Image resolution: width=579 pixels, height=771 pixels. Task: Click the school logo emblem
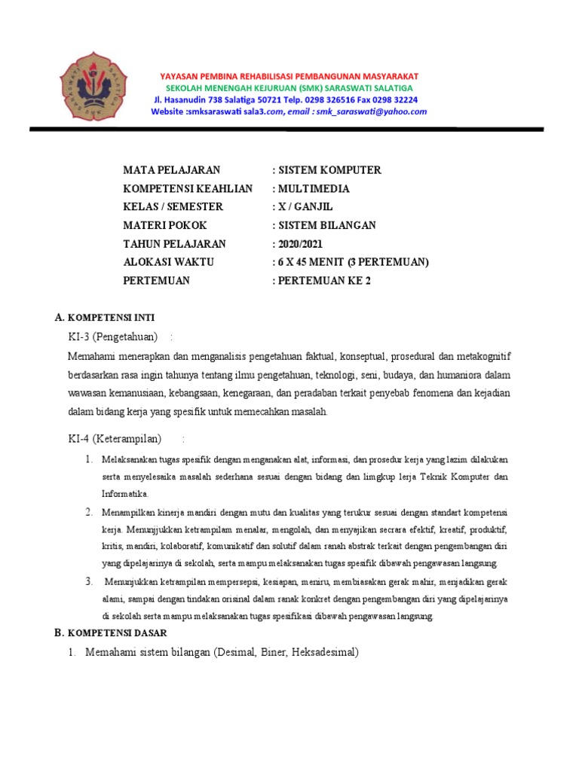coord(95,85)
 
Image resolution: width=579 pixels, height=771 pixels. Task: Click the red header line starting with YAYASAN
coord(289,77)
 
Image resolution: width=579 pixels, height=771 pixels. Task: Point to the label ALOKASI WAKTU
coord(169,262)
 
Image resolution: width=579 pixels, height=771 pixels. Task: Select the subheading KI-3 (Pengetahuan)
coord(112,336)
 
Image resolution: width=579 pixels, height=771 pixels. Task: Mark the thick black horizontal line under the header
coord(286,130)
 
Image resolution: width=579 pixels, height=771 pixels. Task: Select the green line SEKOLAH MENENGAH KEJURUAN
coord(289,88)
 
